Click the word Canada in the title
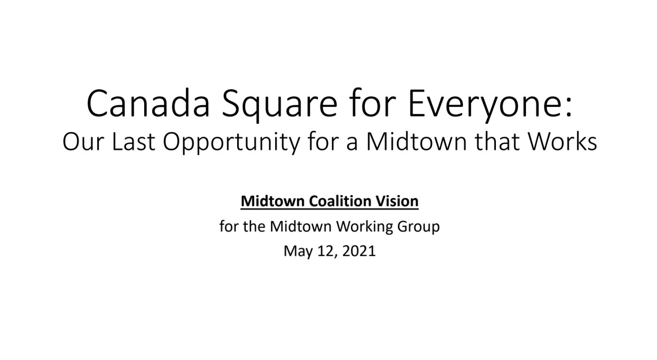tap(148, 104)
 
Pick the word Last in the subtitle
tap(133, 142)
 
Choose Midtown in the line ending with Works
tap(416, 141)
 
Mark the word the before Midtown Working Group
tap(254, 226)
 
